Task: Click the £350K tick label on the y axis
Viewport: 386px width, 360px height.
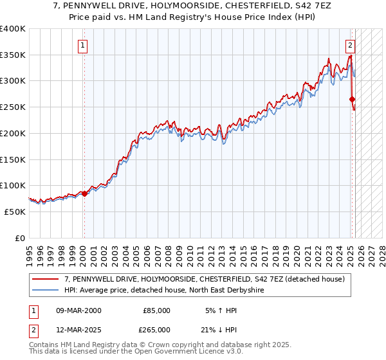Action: (x=13, y=55)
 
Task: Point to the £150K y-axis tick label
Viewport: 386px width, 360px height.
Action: (x=13, y=159)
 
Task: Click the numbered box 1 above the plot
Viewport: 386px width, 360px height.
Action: (x=84, y=46)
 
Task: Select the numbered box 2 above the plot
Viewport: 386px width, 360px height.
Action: (x=350, y=46)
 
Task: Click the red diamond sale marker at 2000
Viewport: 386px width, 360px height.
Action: (x=84, y=193)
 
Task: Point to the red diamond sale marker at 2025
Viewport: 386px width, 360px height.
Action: (x=352, y=99)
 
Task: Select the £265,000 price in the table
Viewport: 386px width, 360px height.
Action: (x=156, y=330)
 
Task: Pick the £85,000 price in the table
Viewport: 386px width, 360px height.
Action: (x=156, y=310)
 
